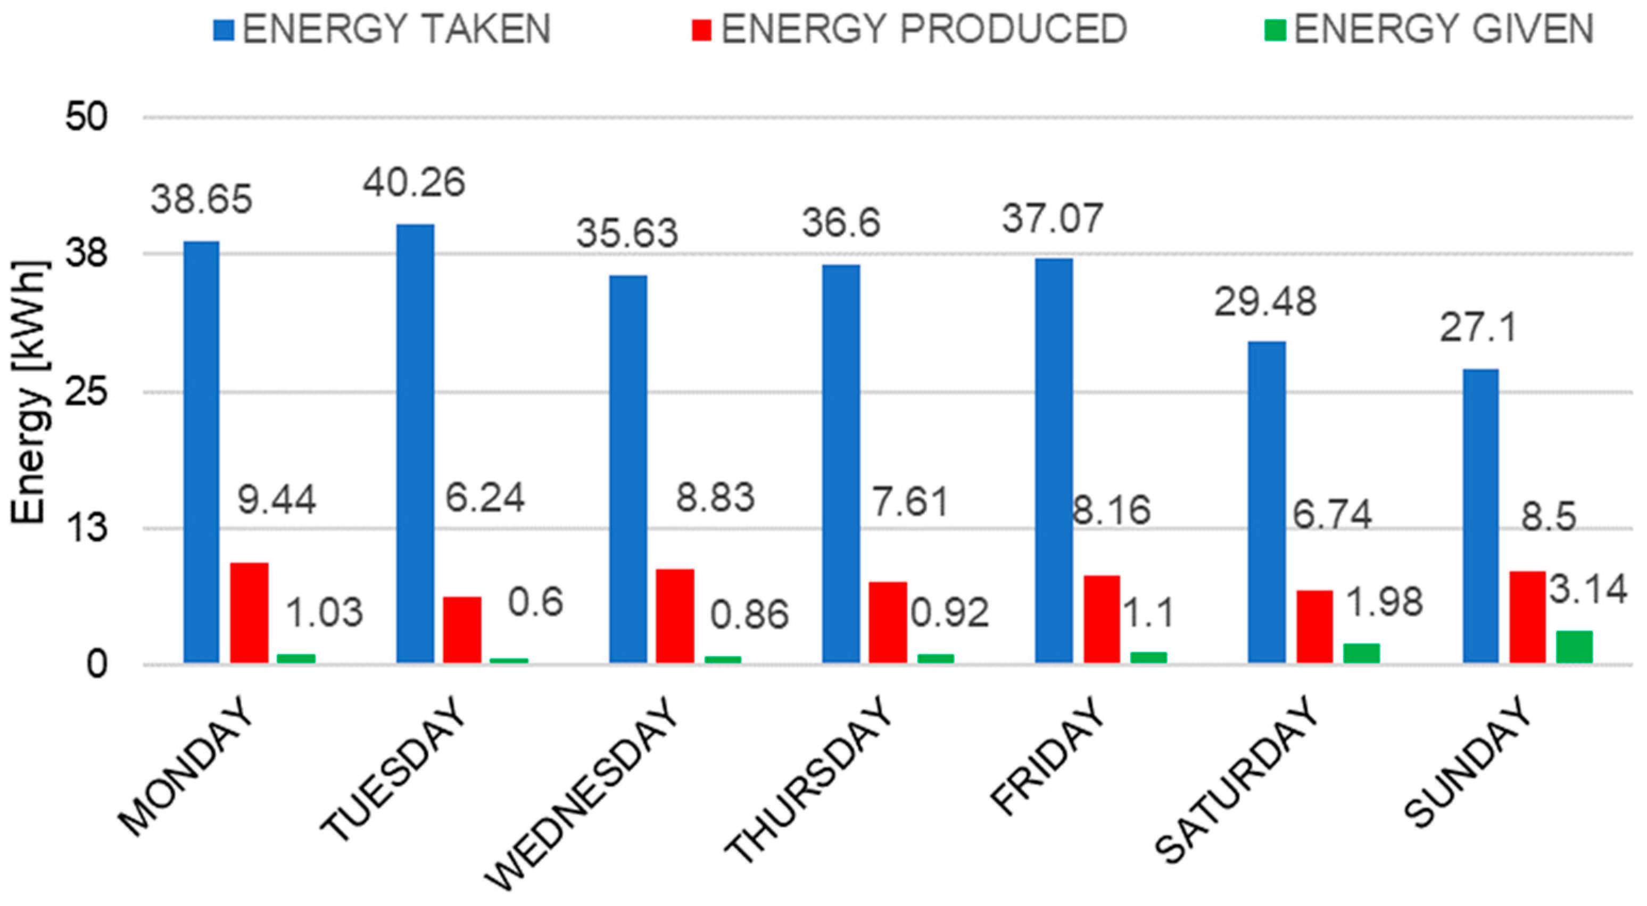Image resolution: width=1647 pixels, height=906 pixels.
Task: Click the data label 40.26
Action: pos(415,183)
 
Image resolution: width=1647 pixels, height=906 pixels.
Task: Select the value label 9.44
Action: pos(277,499)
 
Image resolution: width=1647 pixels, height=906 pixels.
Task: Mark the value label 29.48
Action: pos(1265,302)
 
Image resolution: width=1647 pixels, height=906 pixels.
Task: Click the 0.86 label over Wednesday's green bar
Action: pos(750,615)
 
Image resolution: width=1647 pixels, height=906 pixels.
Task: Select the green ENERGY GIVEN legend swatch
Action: pos(1274,30)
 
